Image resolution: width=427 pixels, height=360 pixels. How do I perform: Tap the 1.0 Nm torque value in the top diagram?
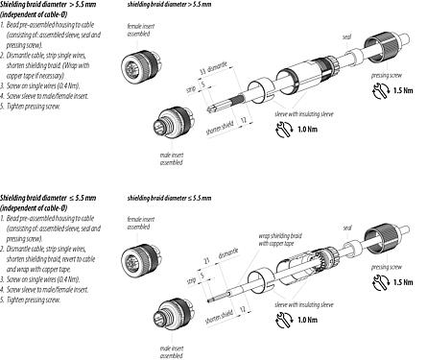tap(281, 131)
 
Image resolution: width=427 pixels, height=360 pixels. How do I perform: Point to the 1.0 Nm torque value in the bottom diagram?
tap(282, 318)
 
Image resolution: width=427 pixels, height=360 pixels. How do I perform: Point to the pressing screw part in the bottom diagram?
tap(391, 235)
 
